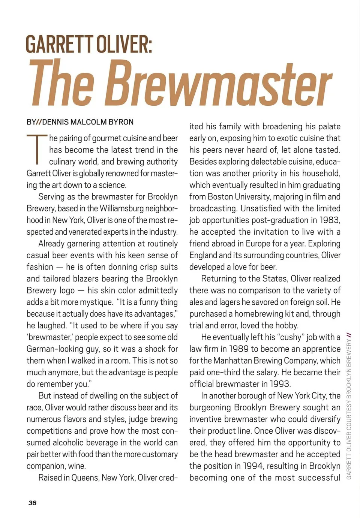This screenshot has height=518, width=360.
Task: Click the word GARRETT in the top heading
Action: pyautogui.click(x=60, y=44)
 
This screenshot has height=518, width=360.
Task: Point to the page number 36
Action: pyautogui.click(x=33, y=503)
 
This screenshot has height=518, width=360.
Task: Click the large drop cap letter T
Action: pyautogui.click(x=37, y=149)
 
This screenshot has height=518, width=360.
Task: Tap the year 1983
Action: pyautogui.click(x=330, y=220)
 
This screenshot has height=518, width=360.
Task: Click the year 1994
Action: pyautogui.click(x=252, y=466)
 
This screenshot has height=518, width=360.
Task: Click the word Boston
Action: pyautogui.click(x=220, y=197)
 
